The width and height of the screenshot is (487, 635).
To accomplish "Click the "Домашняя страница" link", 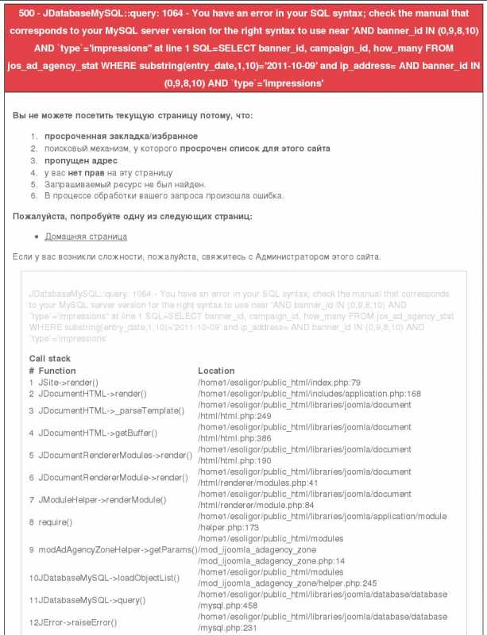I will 86,237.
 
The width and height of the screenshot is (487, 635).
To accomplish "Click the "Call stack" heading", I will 50,359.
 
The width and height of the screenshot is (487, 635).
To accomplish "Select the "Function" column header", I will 57,371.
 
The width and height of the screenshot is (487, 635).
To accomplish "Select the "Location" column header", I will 216,371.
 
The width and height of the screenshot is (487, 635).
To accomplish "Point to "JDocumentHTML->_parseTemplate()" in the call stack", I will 111,410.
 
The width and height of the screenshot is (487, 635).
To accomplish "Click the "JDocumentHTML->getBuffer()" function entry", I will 98,433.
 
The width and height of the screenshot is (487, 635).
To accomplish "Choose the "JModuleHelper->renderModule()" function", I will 102,500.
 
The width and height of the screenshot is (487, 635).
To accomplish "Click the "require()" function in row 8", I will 56,522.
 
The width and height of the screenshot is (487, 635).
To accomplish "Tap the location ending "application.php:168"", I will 309,393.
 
